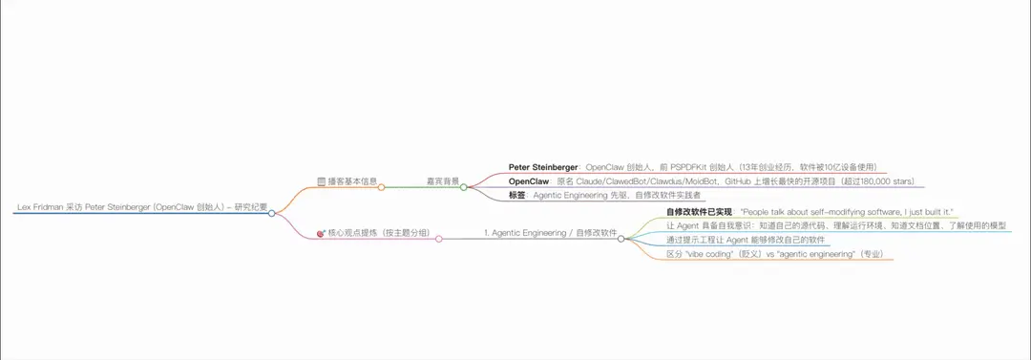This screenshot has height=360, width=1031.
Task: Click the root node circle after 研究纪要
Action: (x=272, y=213)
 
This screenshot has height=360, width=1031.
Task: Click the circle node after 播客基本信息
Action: (x=381, y=187)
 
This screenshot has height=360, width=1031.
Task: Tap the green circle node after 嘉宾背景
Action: (x=463, y=187)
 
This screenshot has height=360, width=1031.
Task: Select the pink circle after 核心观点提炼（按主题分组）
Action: (x=438, y=239)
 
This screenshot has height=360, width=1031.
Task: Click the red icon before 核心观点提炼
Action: (x=321, y=233)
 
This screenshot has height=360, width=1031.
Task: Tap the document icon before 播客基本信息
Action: (x=321, y=180)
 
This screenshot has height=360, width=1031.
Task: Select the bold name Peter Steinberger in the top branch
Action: (x=542, y=166)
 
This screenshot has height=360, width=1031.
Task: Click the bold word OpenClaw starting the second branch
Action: (x=529, y=180)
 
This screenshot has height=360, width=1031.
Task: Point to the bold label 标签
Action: (x=517, y=195)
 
